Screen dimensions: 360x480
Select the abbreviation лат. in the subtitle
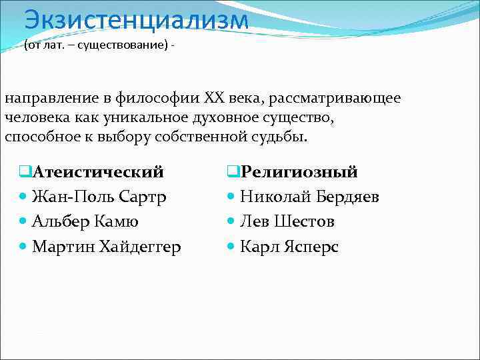click(x=54, y=47)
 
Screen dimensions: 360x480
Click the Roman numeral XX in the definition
click(x=217, y=99)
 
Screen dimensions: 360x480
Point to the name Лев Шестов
click(x=287, y=221)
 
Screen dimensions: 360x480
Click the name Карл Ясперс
click(x=289, y=247)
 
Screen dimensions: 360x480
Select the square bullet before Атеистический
click(x=25, y=172)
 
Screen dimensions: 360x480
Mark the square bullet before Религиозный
click(x=233, y=172)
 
